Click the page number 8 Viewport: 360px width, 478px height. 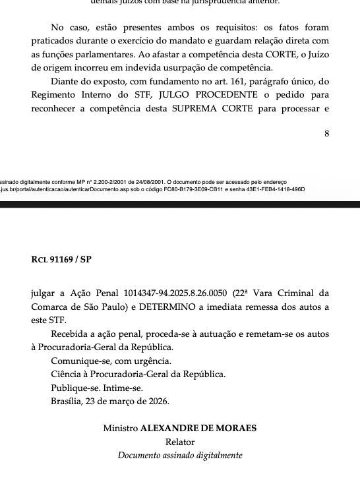327,133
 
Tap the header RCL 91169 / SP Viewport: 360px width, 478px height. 61,259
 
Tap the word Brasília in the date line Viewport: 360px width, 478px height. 69,400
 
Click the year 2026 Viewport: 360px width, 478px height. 156,400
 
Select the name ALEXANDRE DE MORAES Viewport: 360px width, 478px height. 198,429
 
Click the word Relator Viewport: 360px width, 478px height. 180,442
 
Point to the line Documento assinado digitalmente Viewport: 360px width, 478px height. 180,456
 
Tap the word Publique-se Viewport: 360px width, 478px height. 74,387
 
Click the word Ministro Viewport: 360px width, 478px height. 121,429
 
